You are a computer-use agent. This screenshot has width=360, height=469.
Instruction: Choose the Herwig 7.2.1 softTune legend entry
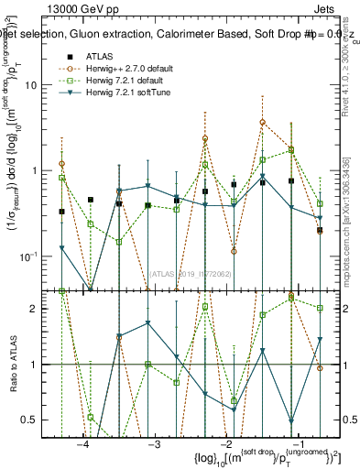pos(129,93)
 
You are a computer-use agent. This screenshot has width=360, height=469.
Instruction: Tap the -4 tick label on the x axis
pos(83,442)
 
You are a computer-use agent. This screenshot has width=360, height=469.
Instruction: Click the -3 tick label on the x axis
pos(154,442)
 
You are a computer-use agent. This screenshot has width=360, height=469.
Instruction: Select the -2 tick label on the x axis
pos(224,442)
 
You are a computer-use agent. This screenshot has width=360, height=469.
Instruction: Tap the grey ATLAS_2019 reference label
pos(191,273)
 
